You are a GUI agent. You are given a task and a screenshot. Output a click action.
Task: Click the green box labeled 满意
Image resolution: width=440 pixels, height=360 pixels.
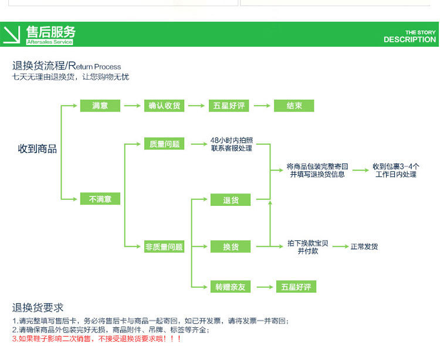pos(100,106)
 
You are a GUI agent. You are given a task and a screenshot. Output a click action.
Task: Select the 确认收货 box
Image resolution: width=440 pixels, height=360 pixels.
pos(164,106)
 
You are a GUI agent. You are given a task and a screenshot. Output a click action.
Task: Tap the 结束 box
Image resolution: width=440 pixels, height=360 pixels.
pos(294,106)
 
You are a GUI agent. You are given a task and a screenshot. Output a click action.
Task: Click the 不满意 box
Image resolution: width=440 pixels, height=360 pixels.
pos(100,199)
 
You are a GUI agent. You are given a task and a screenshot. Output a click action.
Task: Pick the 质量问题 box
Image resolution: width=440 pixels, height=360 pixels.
pos(164,144)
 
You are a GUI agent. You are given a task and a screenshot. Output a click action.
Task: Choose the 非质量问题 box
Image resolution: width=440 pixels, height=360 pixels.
pos(164,246)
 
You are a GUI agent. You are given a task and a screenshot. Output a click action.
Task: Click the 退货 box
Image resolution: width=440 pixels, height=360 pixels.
pos(231,199)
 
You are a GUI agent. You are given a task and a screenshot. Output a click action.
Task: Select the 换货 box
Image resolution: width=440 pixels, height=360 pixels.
pos(231,246)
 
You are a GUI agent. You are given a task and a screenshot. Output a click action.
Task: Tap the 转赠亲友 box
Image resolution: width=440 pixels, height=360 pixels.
pos(231,287)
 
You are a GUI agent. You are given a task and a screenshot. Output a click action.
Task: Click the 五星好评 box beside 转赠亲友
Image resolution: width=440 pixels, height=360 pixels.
pos(296,287)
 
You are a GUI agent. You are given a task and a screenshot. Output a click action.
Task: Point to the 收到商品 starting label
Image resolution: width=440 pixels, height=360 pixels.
pos(38,148)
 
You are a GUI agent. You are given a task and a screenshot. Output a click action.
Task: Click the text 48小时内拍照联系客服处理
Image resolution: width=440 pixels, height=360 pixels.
pos(232,144)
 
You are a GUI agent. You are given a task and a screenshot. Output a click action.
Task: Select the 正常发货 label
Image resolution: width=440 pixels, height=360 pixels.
pos(364,246)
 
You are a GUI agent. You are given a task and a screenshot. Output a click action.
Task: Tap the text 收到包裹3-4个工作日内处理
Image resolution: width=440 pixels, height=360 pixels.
pos(395,170)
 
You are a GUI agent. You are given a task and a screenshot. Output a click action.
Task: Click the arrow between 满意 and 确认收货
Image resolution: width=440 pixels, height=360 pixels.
pos(132,106)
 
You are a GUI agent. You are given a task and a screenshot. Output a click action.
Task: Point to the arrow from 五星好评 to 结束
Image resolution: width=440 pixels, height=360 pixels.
pos(262,106)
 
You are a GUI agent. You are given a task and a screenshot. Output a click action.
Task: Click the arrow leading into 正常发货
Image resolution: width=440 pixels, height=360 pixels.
pos(340,246)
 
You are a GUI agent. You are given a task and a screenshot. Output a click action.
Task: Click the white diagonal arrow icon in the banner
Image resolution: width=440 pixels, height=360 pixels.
pos(12,35)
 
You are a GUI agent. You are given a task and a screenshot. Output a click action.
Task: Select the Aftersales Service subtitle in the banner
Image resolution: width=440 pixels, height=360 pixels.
pos(50,42)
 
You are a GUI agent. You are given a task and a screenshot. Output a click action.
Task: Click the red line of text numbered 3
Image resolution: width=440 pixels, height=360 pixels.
pos(97,339)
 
